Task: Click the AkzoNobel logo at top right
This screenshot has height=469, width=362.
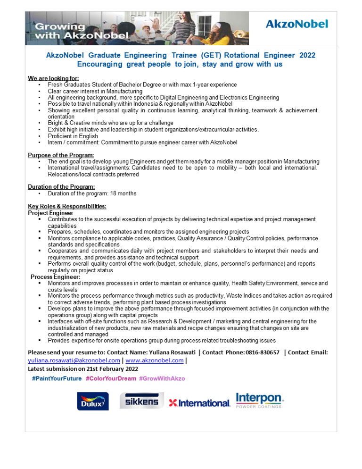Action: [x=296, y=24]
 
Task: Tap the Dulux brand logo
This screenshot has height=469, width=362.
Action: [x=93, y=401]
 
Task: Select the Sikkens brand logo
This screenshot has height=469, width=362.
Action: [x=141, y=401]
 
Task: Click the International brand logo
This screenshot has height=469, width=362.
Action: [x=199, y=403]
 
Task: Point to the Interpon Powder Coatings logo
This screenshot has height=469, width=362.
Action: [x=259, y=400]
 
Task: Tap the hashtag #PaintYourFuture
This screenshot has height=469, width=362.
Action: [x=57, y=378]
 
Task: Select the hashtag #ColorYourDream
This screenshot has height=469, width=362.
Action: [x=111, y=378]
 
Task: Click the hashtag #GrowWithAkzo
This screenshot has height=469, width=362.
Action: [x=162, y=378]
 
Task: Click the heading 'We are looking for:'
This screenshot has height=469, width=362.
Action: [x=53, y=78]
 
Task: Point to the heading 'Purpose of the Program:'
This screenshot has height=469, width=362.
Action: [x=61, y=155]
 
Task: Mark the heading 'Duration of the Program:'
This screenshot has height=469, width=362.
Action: [x=61, y=187]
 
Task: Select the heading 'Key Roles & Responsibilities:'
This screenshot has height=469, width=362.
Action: [x=67, y=206]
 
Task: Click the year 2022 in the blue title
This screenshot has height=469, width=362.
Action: [x=307, y=55]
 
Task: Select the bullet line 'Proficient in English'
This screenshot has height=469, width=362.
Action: [x=73, y=136]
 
